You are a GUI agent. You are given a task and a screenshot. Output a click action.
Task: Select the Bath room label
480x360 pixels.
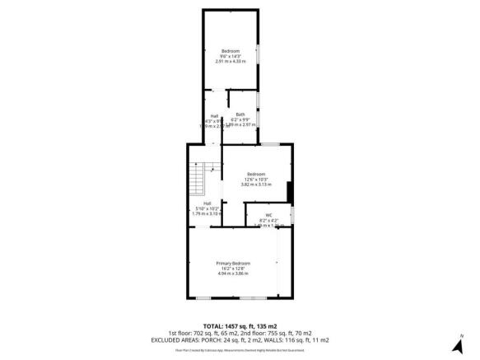pos(240,114)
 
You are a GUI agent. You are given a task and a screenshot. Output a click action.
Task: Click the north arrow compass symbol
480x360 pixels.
pos(464,339)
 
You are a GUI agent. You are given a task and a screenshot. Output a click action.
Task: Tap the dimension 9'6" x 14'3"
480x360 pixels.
pos(231,56)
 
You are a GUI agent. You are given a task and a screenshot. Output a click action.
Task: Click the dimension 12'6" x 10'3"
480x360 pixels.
pos(256,179)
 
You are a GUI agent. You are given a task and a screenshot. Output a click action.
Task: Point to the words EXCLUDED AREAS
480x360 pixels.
pos(175,339)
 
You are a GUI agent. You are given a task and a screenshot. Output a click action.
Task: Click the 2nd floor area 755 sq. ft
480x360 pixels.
pos(276,333)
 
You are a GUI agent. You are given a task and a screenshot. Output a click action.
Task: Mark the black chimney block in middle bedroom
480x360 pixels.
pos(289,192)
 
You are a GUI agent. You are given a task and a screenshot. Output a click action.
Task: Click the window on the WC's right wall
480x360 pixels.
pos(291,216)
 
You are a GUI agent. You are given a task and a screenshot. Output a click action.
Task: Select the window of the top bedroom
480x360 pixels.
pos(259,55)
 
